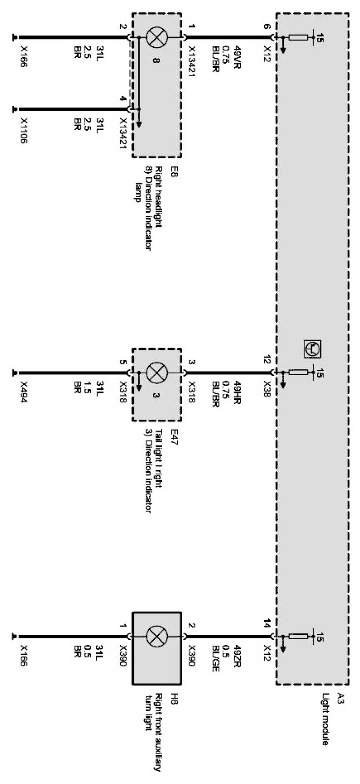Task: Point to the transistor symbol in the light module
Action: (x=312, y=349)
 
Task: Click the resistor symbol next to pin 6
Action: (x=298, y=37)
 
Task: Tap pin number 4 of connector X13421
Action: (x=123, y=99)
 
